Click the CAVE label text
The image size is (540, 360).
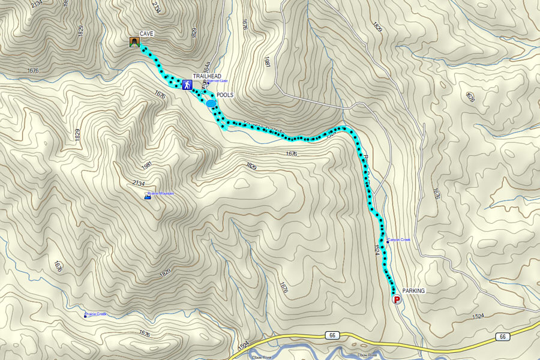coord(147,34)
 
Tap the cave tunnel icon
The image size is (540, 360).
coord(134,42)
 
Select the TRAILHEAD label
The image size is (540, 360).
coord(207,77)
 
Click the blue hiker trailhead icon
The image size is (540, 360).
coord(187,85)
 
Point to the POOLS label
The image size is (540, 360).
coord(225,95)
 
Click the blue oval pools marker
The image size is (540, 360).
coord(211,104)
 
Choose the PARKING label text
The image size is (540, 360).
coord(413,291)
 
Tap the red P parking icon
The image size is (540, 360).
coord(396,299)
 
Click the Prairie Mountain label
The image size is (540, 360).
coord(161,193)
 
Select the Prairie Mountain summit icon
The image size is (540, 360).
coord(147,197)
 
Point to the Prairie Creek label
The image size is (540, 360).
coord(97,313)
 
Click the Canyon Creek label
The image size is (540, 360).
coord(399,240)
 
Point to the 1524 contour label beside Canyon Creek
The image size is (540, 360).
coord(377,250)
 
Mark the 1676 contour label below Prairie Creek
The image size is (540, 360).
coord(144,333)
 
